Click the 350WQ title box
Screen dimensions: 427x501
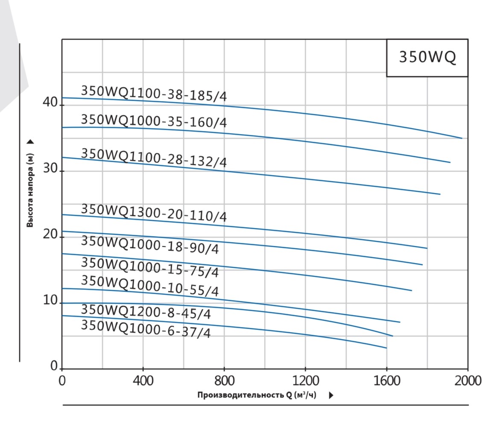[x=427, y=57]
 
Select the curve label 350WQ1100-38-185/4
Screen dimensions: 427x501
[x=154, y=94]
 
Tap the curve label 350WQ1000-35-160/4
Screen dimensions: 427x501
[x=154, y=121]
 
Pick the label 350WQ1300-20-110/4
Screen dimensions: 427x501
[x=154, y=213]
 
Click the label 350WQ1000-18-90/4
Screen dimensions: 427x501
[x=149, y=245]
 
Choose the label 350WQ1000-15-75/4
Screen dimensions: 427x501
[x=149, y=267]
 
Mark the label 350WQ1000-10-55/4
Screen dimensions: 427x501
[x=149, y=286]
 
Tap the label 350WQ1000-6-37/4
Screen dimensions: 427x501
[x=146, y=329]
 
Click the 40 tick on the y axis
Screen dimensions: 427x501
[x=50, y=102]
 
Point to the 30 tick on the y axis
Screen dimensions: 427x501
[x=50, y=169]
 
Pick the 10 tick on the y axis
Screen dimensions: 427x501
[x=50, y=301]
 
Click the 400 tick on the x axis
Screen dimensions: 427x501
[x=143, y=380]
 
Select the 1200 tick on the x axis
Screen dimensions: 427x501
[x=305, y=380]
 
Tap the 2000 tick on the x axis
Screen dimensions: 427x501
[x=468, y=380]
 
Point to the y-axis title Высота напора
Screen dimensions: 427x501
[x=30, y=190]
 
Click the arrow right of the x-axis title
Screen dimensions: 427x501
[x=331, y=395]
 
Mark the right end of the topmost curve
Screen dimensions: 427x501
[x=462, y=138]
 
